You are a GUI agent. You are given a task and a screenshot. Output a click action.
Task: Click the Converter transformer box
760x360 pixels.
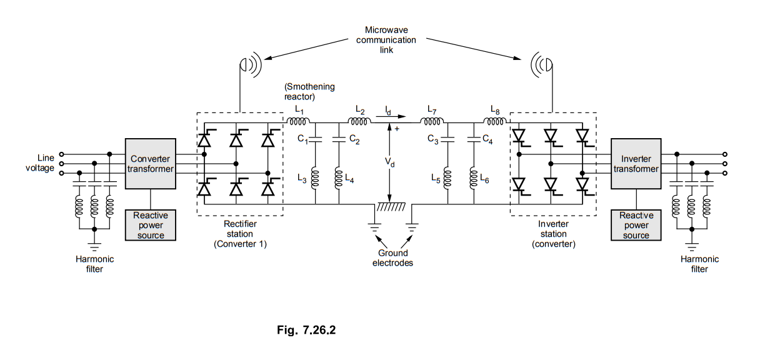[151, 163]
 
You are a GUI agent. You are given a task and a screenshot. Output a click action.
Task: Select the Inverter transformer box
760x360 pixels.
[636, 163]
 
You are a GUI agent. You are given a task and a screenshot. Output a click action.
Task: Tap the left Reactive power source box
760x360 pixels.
[151, 225]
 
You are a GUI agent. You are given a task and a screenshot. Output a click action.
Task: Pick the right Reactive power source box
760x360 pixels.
[636, 225]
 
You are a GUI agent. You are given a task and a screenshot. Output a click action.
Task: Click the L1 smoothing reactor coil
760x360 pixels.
[299, 121]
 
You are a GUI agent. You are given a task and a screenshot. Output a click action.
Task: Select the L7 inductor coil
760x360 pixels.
[430, 121]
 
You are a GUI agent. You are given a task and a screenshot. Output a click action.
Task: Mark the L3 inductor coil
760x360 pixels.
[316, 179]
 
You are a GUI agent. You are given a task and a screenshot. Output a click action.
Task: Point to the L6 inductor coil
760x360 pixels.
[472, 179]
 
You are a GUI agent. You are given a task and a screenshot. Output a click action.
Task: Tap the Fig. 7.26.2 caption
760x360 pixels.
[306, 331]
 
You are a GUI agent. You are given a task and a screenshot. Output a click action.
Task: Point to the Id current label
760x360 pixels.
[389, 111]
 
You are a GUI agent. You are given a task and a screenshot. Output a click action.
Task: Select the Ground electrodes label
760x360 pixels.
[392, 258]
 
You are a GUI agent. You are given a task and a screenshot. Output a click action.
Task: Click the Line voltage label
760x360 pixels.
[41, 163]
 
